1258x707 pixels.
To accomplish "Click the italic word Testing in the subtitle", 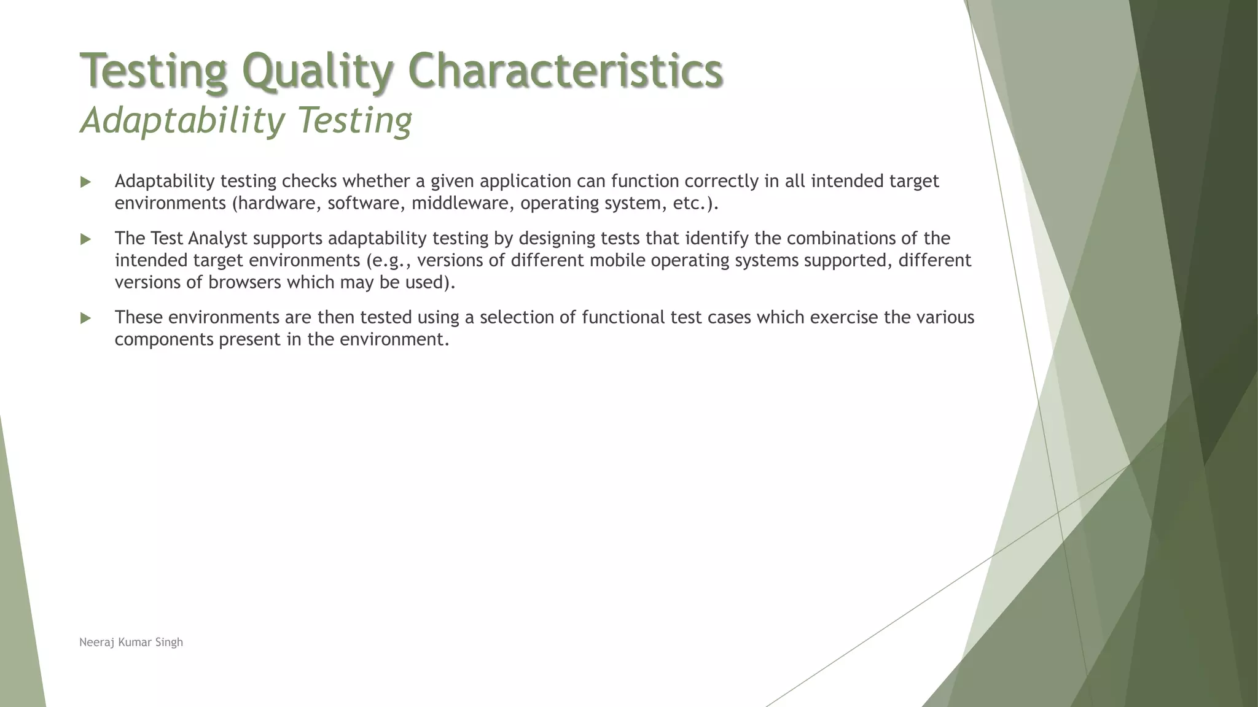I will pyautogui.click(x=355, y=120).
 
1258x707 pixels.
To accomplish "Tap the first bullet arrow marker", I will pyautogui.click(x=85, y=182).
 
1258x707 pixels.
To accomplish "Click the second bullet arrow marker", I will pyautogui.click(x=85, y=239).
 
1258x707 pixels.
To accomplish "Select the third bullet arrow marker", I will pyautogui.click(x=85, y=319).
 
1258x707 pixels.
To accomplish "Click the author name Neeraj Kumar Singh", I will pyautogui.click(x=131, y=643).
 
